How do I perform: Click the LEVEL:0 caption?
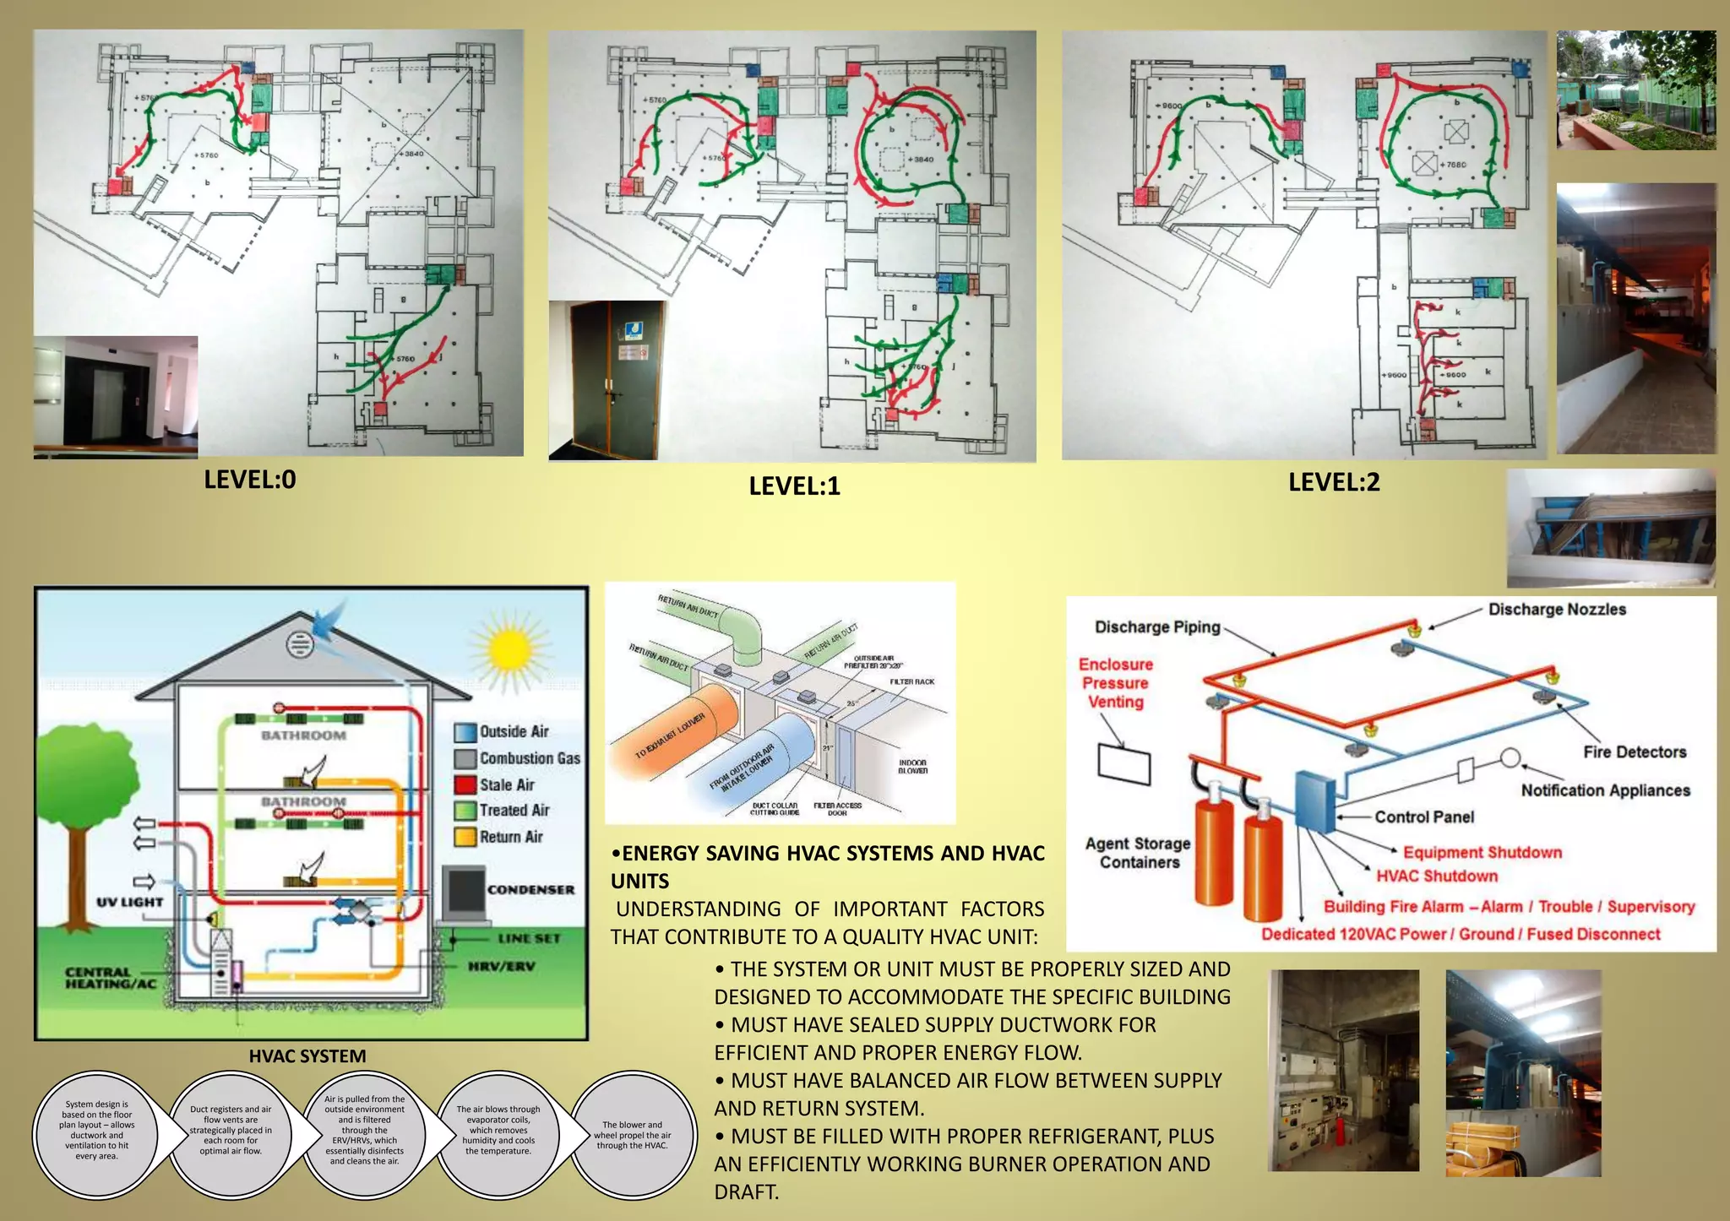250,480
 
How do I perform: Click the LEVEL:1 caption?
794,486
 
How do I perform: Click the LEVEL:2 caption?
1334,482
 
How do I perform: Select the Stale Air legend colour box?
465,784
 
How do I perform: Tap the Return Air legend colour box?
465,837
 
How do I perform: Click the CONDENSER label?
530,889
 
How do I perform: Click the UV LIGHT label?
129,902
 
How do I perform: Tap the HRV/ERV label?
502,966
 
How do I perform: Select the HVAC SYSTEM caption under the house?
307,1055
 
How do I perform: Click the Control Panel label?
1424,817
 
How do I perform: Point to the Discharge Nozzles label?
1557,609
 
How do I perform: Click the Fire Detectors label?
1635,752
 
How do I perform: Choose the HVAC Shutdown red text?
1437,876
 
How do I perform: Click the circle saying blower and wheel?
633,1134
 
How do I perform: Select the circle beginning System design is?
96,1131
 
